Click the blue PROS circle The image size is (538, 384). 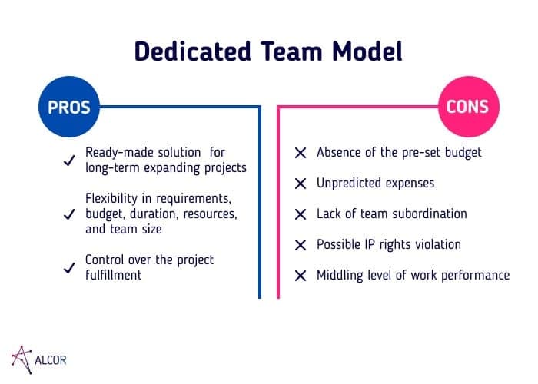pyautogui.click(x=69, y=107)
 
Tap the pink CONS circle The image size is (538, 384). pyautogui.click(x=469, y=107)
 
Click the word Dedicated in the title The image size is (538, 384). pyautogui.click(x=193, y=51)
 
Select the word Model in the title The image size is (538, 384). pyautogui.click(x=367, y=51)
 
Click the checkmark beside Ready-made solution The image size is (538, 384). pyautogui.click(x=69, y=161)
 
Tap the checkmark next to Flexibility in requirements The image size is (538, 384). pyautogui.click(x=69, y=214)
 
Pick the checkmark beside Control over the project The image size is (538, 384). pyautogui.click(x=69, y=268)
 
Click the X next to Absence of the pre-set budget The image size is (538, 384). pyautogui.click(x=301, y=153)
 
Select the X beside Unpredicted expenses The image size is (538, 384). pyautogui.click(x=301, y=184)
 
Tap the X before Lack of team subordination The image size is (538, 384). pyautogui.click(x=301, y=214)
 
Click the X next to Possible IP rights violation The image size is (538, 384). pyautogui.click(x=301, y=245)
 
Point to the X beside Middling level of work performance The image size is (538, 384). pyautogui.click(x=301, y=276)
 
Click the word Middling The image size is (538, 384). pyautogui.click(x=340, y=276)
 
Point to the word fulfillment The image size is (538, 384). pyautogui.click(x=114, y=275)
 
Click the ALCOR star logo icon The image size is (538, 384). pyautogui.click(x=22, y=359)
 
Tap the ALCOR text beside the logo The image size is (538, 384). pyautogui.click(x=51, y=360)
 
